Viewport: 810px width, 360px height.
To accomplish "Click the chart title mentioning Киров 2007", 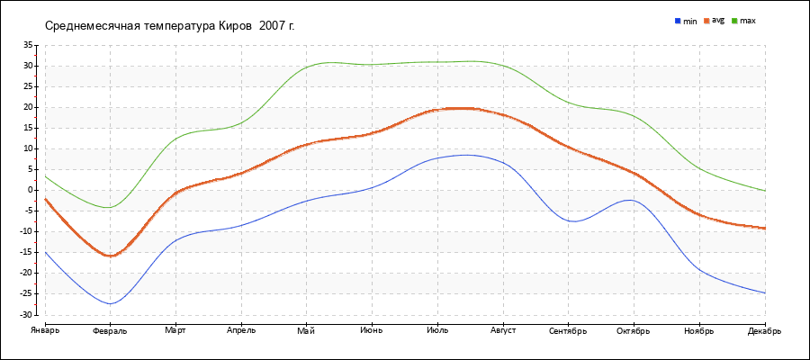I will pyautogui.click(x=169, y=25).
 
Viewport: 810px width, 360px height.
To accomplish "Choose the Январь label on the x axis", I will pyautogui.click(x=45, y=330).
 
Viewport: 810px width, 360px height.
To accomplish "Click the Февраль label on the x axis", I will pyautogui.click(x=110, y=331).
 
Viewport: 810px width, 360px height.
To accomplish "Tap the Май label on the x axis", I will pyautogui.click(x=306, y=330).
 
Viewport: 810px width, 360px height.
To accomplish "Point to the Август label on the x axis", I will pyautogui.click(x=502, y=331).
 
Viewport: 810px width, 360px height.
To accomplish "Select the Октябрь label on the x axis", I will pyautogui.click(x=634, y=331).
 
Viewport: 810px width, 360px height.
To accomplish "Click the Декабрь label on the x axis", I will pyautogui.click(x=764, y=331).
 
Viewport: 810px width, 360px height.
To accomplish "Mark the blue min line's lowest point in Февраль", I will pyautogui.click(x=111, y=303).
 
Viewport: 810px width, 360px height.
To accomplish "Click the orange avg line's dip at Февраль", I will pyautogui.click(x=111, y=256).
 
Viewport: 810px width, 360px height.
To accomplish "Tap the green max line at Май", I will pyautogui.click(x=306, y=67).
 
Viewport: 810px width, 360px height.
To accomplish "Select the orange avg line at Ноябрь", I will pyautogui.click(x=699, y=215).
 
